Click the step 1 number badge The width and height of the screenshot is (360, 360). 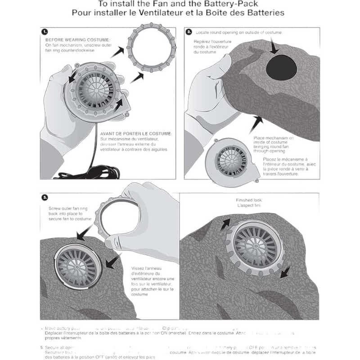pyautogui.click(x=45, y=32)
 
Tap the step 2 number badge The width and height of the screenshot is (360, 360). pyautogui.click(x=189, y=32)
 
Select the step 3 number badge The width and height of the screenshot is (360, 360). pyautogui.click(x=45, y=197)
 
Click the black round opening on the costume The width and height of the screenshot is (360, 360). pyautogui.click(x=283, y=67)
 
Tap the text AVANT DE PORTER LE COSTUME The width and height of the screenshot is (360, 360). pyautogui.click(x=136, y=133)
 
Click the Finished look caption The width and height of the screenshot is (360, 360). pyautogui.click(x=248, y=200)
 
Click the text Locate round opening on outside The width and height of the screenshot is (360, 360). pyautogui.click(x=238, y=33)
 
